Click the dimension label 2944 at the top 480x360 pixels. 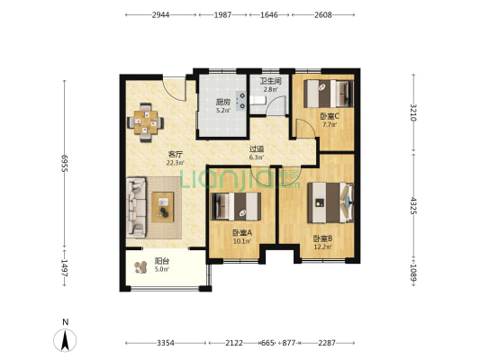point(160,14)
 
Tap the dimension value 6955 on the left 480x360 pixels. point(64,163)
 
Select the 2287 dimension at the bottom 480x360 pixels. point(327,343)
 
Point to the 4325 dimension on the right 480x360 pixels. point(413,205)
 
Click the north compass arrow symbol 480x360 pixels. point(65,340)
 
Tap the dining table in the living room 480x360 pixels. point(145,122)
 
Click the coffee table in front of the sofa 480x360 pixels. point(163,207)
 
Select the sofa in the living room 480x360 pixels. point(136,207)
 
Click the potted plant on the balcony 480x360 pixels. point(140,267)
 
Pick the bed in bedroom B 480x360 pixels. point(331,202)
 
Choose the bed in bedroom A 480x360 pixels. point(236,206)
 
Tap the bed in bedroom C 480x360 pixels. point(329,94)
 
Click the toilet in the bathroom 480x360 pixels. point(258,100)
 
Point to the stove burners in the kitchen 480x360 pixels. point(241,100)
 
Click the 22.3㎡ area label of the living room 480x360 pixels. point(175,163)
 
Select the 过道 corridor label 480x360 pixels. point(257,149)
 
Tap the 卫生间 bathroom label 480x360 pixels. point(270,81)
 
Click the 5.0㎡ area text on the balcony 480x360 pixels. point(161,269)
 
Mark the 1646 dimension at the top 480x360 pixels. point(269,14)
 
